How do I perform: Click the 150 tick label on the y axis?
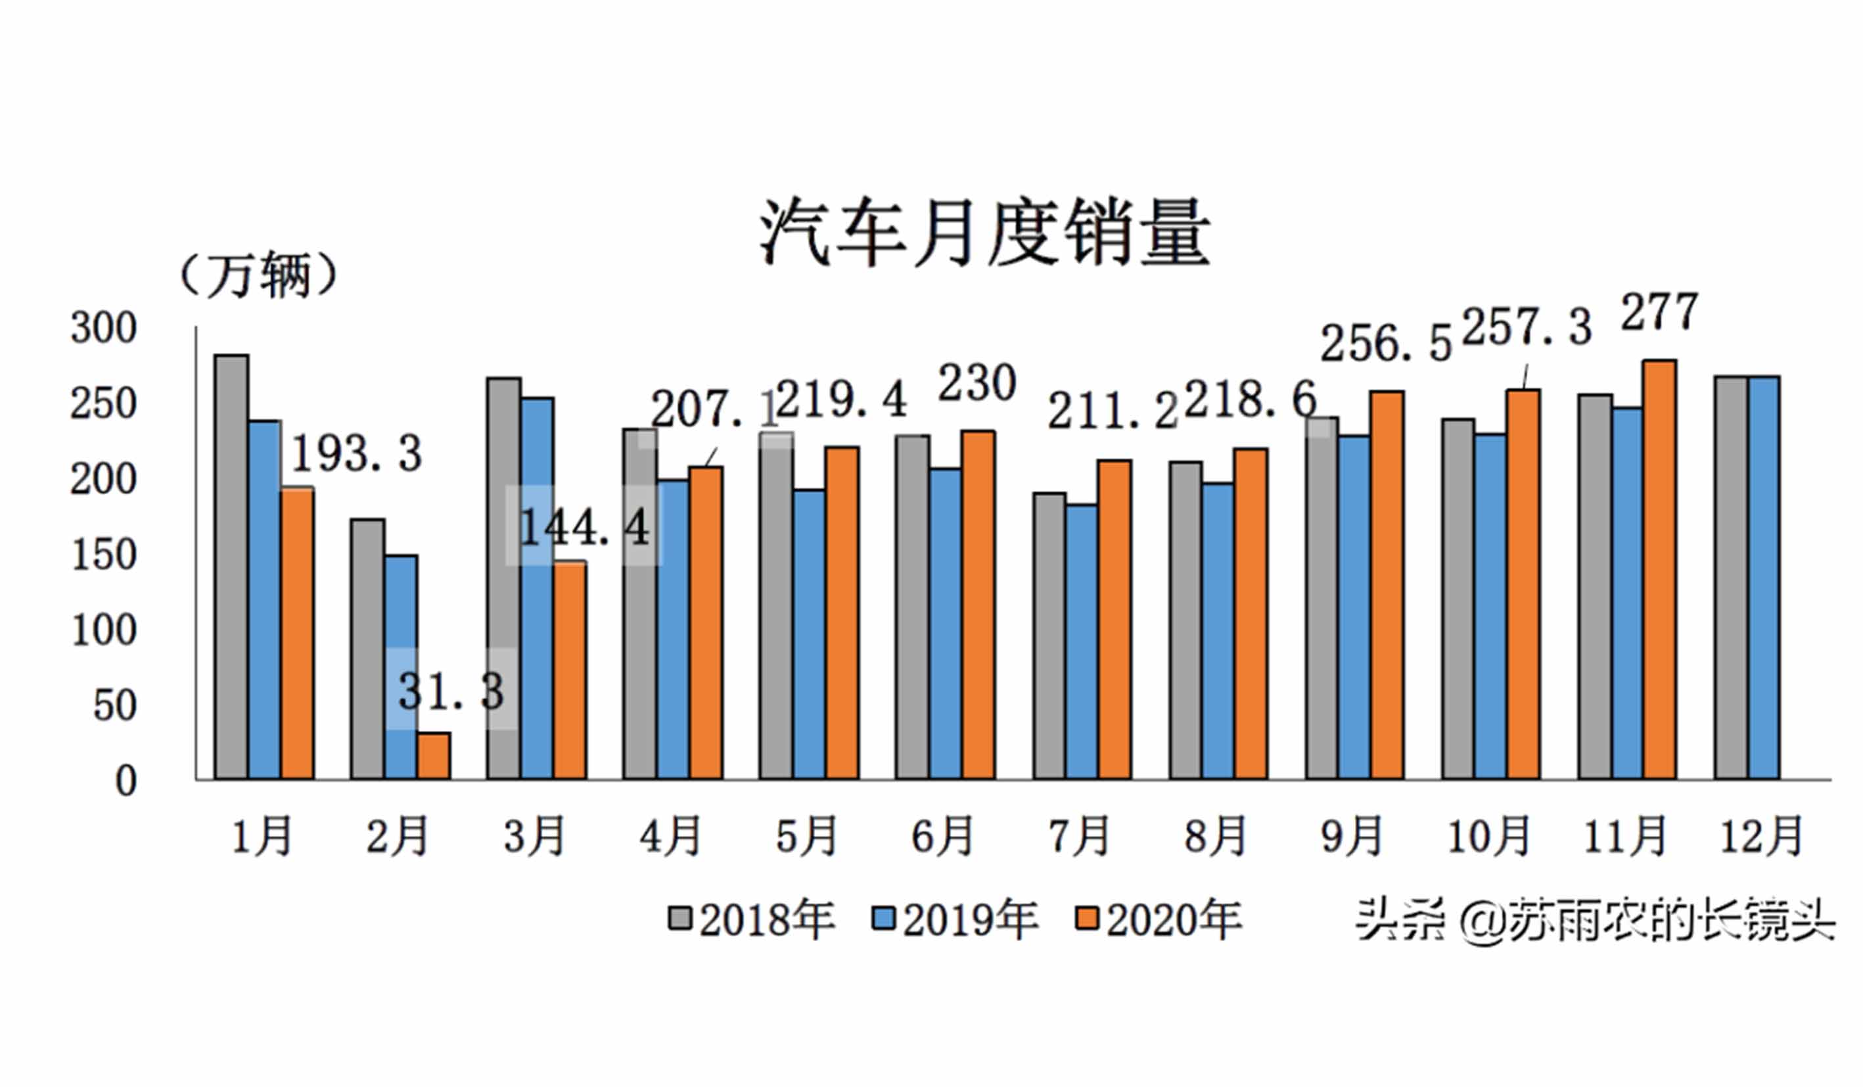click(104, 555)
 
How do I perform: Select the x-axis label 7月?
click(1079, 837)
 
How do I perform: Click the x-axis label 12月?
click(1762, 837)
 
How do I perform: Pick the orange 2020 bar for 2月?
click(433, 756)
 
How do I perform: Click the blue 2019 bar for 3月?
click(537, 588)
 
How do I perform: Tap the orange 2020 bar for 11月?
click(1660, 569)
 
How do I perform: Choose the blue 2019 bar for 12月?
click(1764, 577)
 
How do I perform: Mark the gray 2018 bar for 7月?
click(1049, 636)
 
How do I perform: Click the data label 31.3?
click(451, 692)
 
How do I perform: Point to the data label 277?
click(1659, 313)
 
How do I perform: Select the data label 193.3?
click(357, 453)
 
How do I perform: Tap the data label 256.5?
click(1385, 344)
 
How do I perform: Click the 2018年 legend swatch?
click(679, 919)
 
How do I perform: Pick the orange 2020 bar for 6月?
click(978, 604)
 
